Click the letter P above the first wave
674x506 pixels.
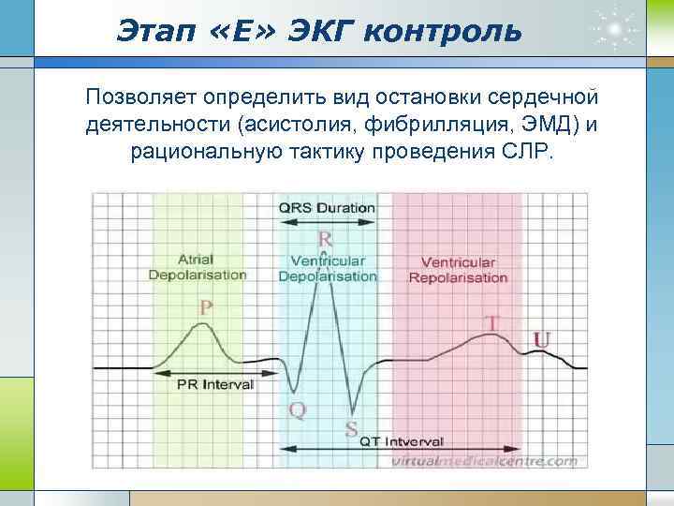click(205, 306)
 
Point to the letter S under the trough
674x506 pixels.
click(351, 429)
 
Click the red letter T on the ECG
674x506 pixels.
click(491, 323)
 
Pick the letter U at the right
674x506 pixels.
click(541, 338)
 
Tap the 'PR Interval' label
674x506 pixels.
click(215, 384)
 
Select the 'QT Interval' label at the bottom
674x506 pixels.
click(402, 441)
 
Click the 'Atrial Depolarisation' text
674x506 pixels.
click(198, 267)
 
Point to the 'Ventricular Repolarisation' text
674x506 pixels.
click(459, 270)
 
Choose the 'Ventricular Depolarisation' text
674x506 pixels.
click(328, 269)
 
